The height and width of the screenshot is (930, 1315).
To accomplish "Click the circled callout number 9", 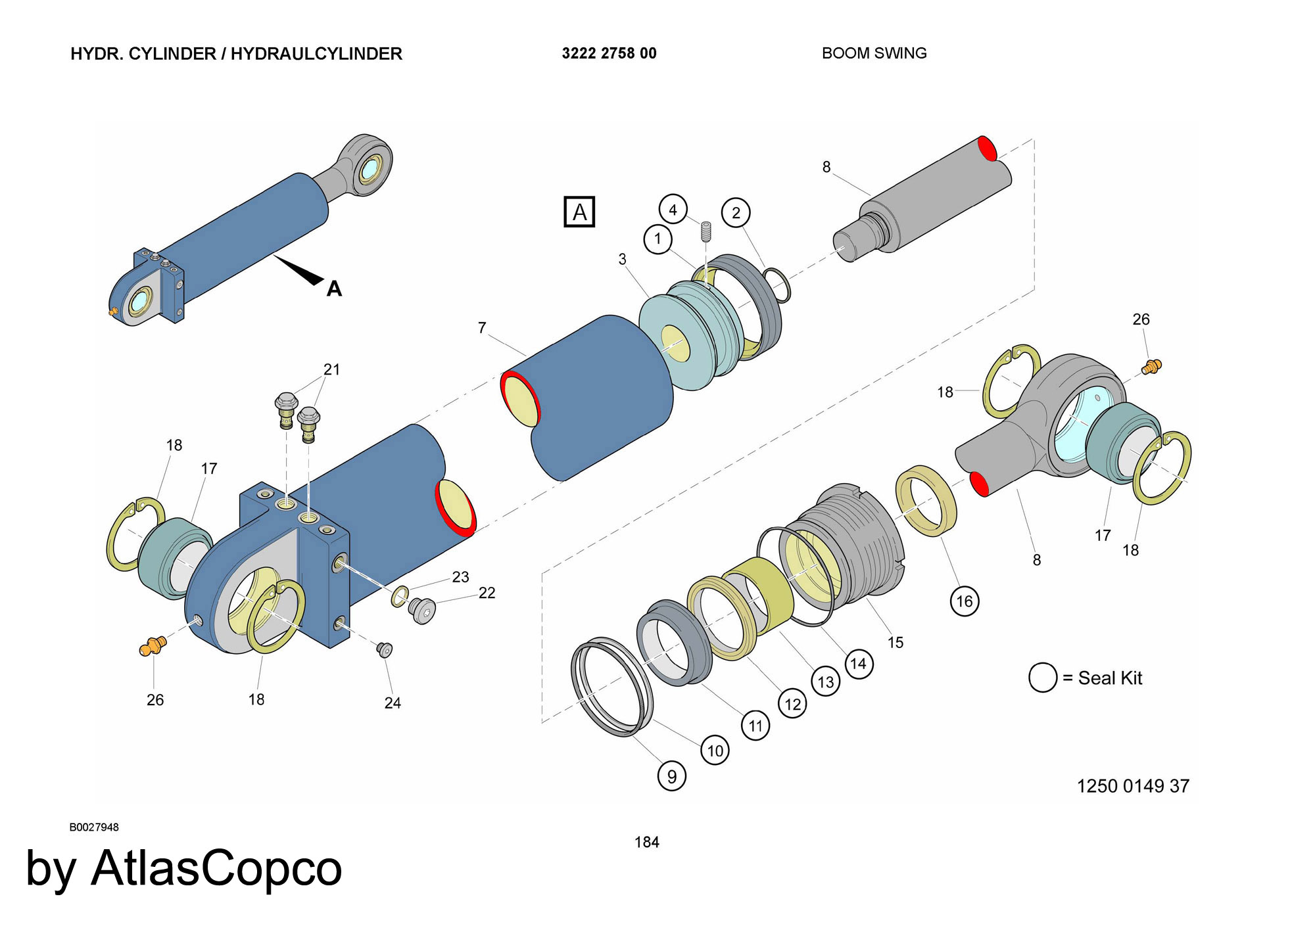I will [x=671, y=776].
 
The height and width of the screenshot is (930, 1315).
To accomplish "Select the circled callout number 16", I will [x=964, y=601].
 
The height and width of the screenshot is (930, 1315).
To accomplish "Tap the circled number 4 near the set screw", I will [x=673, y=210].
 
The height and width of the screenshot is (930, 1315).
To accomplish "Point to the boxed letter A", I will [x=579, y=212].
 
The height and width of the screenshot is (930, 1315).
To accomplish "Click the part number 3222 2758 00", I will [x=609, y=53].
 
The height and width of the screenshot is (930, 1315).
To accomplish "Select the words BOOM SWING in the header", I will [x=874, y=53].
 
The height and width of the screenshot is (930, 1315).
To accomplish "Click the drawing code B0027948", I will [x=94, y=827].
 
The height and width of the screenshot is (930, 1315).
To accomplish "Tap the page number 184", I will [x=646, y=842].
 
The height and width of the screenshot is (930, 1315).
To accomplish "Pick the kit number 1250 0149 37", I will [x=1133, y=785].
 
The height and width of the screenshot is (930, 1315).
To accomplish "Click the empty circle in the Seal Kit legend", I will [x=1043, y=678].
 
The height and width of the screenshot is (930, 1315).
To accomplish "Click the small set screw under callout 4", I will [x=706, y=231].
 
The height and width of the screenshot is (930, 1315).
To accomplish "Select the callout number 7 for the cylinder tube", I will [x=482, y=327].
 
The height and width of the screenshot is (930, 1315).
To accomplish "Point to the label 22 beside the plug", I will [x=487, y=593].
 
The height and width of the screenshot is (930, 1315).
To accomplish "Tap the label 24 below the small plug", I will [x=393, y=703].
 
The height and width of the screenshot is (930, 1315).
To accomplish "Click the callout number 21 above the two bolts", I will [x=331, y=369].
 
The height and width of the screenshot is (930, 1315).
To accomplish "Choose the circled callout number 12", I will [x=792, y=705].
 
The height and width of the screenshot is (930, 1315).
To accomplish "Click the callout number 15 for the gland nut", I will [x=896, y=642].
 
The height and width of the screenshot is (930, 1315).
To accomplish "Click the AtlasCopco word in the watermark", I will [x=216, y=868].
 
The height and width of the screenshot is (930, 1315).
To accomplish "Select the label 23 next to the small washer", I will [x=460, y=577].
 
